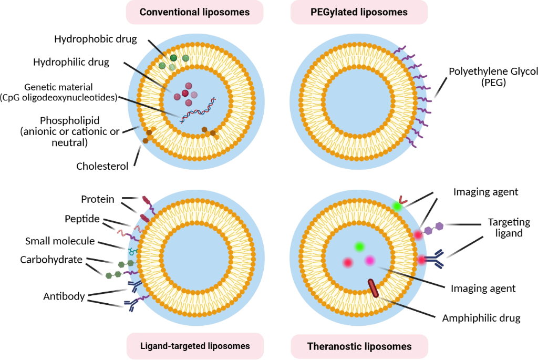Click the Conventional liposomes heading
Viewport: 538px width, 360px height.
tap(194, 12)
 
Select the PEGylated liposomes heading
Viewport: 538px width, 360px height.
tap(359, 12)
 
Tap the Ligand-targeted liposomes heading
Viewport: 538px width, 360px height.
tap(194, 345)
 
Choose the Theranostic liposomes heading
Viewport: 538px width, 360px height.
tap(359, 346)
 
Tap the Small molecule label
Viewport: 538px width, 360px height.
tap(60, 241)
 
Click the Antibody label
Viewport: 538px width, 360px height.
tap(64, 296)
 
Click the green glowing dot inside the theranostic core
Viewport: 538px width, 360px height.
tap(359, 246)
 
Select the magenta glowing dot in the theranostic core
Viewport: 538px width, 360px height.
tap(369, 260)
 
